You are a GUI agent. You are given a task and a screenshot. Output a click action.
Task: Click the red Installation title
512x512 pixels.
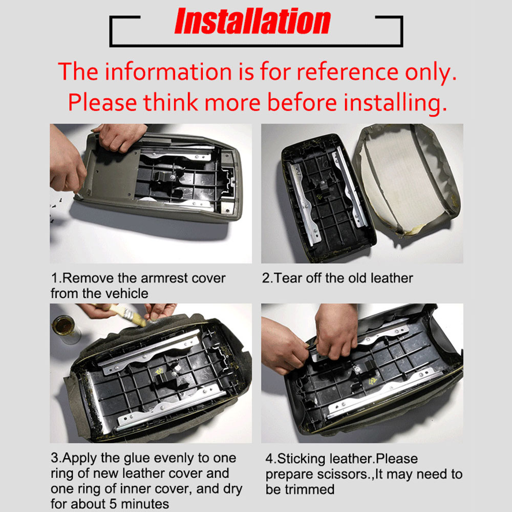click(252, 21)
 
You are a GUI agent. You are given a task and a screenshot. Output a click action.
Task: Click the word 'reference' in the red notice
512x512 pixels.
click(348, 72)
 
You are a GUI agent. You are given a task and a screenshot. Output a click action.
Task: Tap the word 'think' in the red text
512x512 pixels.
click(170, 102)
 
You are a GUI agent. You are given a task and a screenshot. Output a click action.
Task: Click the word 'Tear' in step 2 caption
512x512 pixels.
click(288, 278)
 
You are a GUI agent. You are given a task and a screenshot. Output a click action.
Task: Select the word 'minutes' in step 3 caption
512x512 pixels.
click(145, 504)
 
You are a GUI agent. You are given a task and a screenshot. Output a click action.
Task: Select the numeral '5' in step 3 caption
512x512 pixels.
click(113, 504)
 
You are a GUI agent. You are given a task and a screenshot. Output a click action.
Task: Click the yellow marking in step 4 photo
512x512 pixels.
click(372, 381)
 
